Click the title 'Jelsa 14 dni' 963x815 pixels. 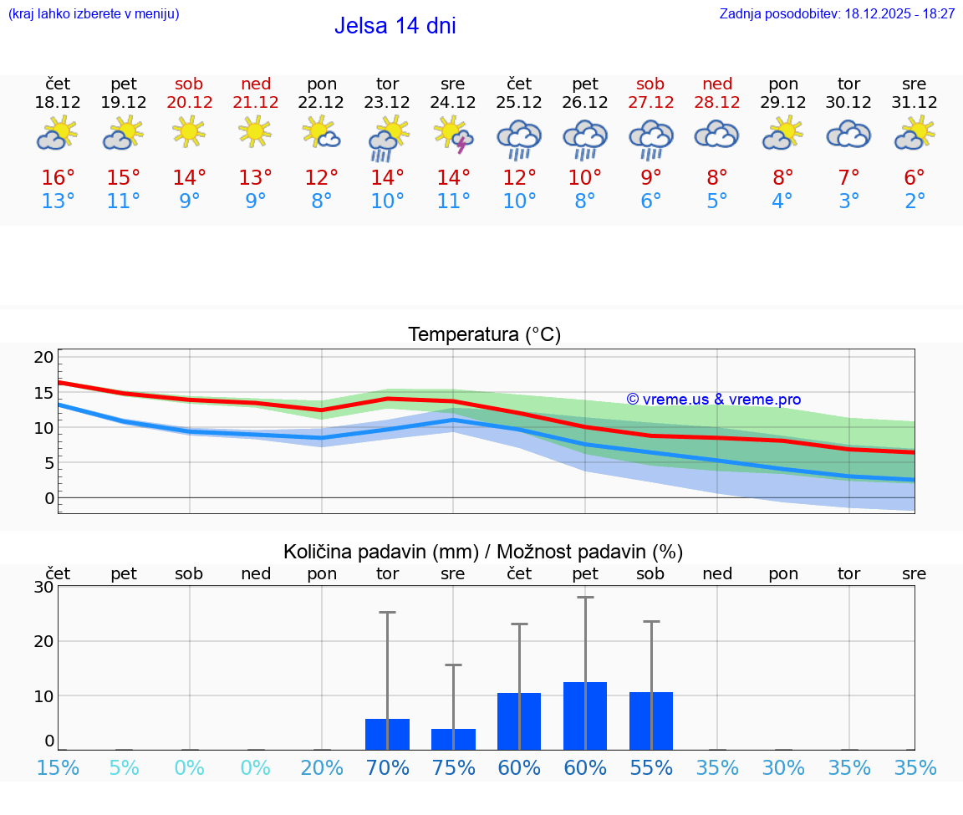coord(395,26)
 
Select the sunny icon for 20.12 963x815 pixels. coord(189,131)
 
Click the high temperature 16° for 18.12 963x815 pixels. coord(58,177)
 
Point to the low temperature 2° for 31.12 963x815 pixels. coord(915,201)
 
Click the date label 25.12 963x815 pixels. coord(519,103)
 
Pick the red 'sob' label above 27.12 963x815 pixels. coord(650,84)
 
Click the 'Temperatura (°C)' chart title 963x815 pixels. coord(484,334)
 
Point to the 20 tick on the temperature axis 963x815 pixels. coord(43,357)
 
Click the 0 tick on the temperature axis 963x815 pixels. coord(48,498)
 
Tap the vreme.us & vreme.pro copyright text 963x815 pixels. coord(714,400)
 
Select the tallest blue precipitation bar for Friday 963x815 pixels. coord(585,716)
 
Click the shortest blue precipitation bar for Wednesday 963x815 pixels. coord(453,739)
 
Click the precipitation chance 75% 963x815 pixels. coord(453,767)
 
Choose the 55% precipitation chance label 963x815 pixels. coord(651,767)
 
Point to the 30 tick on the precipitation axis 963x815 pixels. coord(43,587)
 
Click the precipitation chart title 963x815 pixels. coord(483,552)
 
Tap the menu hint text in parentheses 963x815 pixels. coord(94,13)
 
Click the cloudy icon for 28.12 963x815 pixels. coord(716,135)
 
